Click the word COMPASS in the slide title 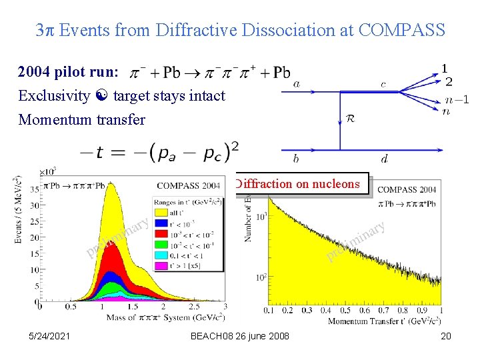(x=401, y=30)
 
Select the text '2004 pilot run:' (x=69, y=72)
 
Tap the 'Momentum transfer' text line (x=82, y=119)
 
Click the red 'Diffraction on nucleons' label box (x=300, y=183)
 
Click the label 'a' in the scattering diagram (x=296, y=84)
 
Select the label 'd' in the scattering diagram (x=384, y=159)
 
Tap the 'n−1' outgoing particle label (x=457, y=99)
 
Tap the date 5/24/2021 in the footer (x=50, y=336)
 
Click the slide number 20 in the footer (x=445, y=336)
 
